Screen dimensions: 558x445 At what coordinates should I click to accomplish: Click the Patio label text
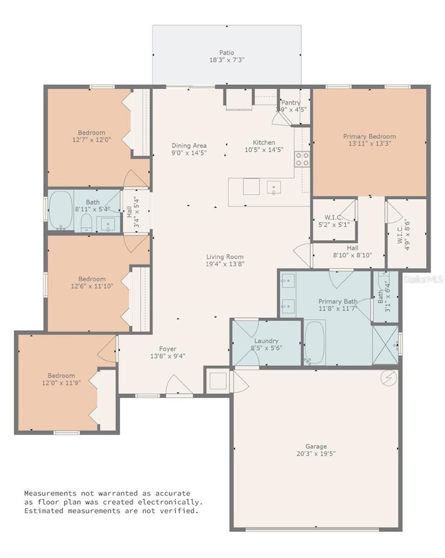[226, 52]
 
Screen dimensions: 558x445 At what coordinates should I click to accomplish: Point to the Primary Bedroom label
[370, 136]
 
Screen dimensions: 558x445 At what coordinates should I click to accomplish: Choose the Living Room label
[225, 256]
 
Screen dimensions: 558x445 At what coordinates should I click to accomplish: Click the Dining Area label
[189, 146]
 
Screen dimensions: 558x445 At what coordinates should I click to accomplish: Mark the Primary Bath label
[338, 302]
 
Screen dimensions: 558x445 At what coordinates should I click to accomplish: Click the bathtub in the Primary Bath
[315, 344]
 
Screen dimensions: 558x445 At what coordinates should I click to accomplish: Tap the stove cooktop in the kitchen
[301, 159]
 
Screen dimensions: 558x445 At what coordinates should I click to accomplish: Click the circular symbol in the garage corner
[388, 377]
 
